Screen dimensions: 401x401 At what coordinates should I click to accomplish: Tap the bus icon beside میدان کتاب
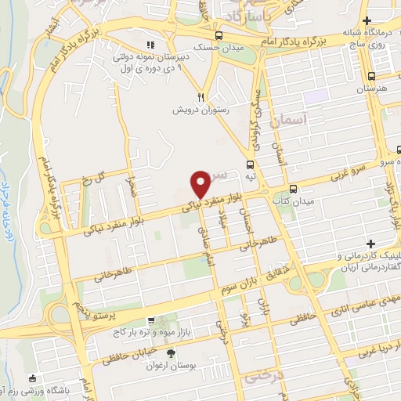click(293, 189)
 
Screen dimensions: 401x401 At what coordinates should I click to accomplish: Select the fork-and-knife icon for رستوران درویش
click(201, 97)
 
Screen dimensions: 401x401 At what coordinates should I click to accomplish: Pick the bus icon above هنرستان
click(371, 76)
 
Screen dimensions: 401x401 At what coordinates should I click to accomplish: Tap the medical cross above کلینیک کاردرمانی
click(370, 244)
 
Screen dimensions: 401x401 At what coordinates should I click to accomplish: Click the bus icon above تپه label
click(250, 164)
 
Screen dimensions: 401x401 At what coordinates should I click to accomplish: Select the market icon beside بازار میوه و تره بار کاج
click(151, 320)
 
